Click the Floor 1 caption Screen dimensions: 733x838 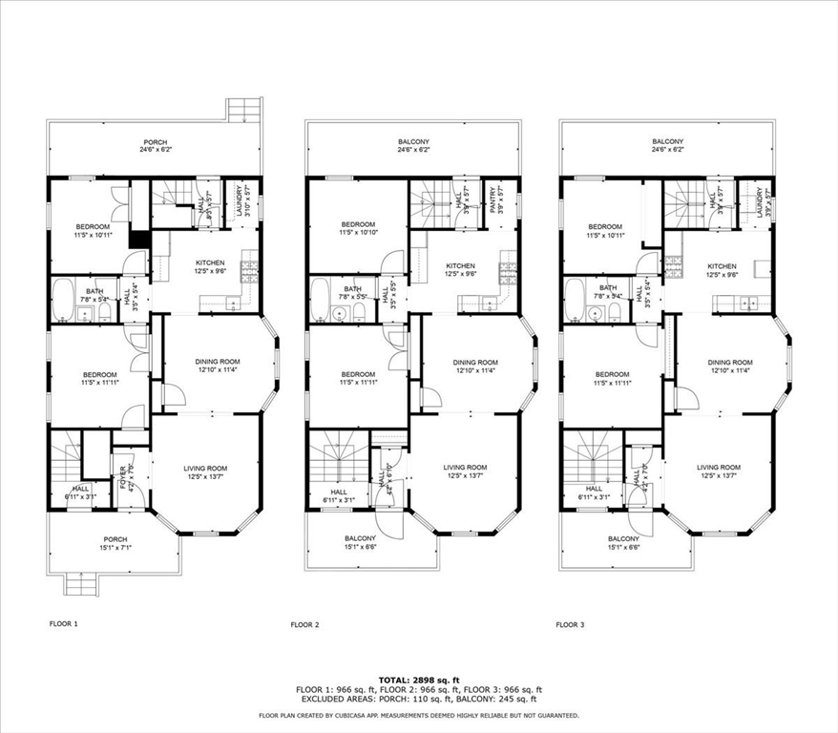(64, 624)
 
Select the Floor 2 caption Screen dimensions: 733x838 (304, 624)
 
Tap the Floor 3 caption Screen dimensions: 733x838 (570, 624)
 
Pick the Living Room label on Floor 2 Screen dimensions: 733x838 (465, 467)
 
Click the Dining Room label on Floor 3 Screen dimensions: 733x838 (730, 363)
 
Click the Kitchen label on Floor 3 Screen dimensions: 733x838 (722, 266)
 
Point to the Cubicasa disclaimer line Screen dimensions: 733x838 (419, 715)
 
